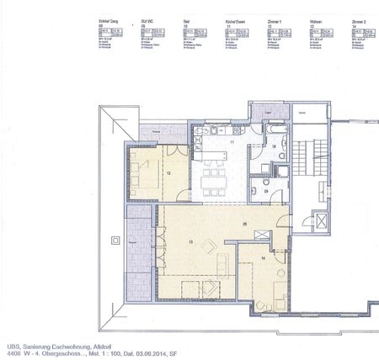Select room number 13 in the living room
click(x=192, y=243)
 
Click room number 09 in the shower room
click(x=266, y=193)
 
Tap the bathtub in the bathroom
click(x=275, y=135)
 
